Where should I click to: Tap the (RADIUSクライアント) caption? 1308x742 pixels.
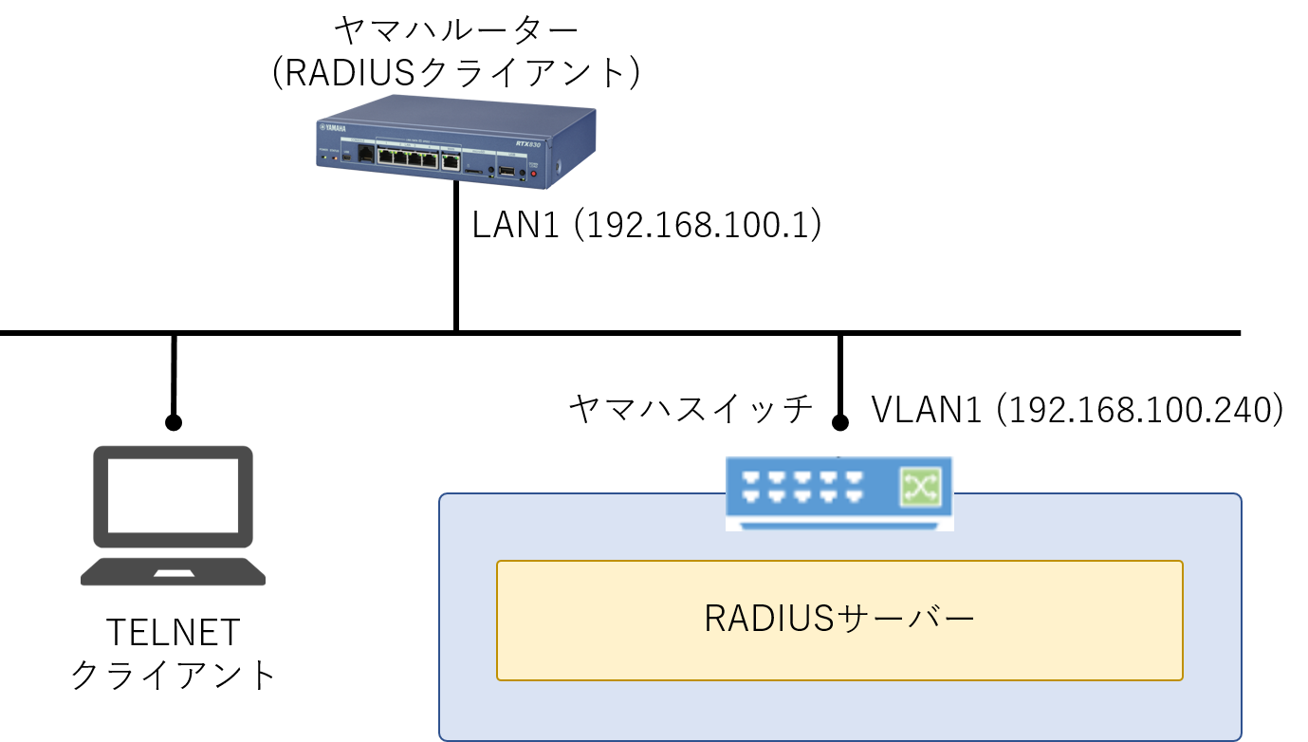[456, 74]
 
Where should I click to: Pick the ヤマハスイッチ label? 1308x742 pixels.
[691, 409]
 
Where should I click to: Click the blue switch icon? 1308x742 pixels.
[838, 492]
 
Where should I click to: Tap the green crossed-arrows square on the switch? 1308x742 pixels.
[919, 488]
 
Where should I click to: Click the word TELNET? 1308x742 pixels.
[174, 632]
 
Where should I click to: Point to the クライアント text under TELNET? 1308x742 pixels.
[174, 675]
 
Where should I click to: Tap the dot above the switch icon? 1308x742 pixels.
[839, 423]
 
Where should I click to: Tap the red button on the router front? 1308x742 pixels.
[533, 174]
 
